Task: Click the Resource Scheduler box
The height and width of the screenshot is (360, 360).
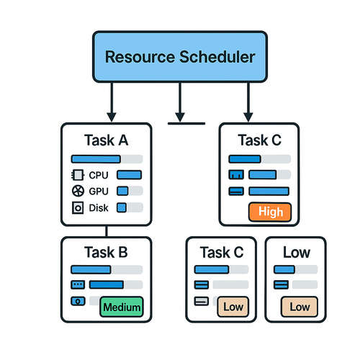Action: point(180,57)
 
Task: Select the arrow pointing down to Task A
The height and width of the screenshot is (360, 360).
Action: point(112,102)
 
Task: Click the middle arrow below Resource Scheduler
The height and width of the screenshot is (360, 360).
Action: point(180,102)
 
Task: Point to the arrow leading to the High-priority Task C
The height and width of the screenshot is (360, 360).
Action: point(248,102)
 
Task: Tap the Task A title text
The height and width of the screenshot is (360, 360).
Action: point(106,140)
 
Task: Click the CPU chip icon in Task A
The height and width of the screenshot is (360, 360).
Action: point(78,175)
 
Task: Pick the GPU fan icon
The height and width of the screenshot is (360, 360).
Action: point(78,191)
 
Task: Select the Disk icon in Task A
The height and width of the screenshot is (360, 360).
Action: point(78,207)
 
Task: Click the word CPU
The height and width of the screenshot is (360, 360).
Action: point(99,175)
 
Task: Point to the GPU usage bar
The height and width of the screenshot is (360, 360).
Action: point(130,191)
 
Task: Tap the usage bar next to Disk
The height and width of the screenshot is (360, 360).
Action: point(130,207)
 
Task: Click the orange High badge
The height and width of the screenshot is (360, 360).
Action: point(270,212)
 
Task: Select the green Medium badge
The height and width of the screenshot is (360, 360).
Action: point(122,307)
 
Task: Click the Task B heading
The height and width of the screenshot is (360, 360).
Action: point(106,252)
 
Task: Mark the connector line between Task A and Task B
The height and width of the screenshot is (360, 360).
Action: point(107,231)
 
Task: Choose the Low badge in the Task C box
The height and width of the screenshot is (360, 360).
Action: point(233,307)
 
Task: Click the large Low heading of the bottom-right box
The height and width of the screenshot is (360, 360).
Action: point(297,252)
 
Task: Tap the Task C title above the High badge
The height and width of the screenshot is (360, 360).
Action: point(259,140)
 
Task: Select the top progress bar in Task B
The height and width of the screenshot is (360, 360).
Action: point(107,269)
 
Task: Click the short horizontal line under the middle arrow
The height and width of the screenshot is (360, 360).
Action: point(186,124)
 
